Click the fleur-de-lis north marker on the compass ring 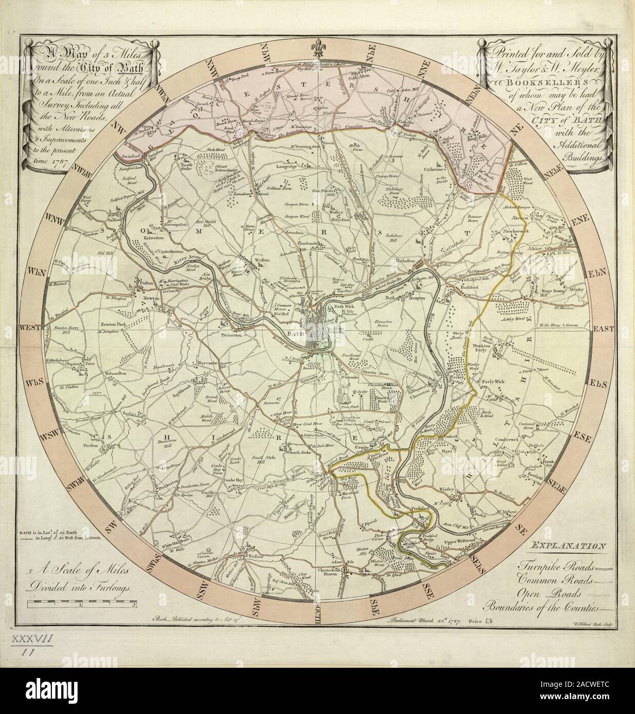[x=318, y=47]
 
